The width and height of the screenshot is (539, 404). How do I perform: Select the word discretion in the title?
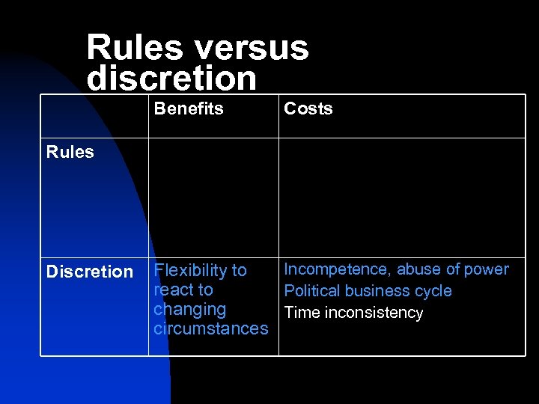pyautogui.click(x=171, y=78)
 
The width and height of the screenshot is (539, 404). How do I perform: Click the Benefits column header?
pyautogui.click(x=189, y=109)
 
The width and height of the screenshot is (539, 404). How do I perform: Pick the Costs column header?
pyautogui.click(x=308, y=109)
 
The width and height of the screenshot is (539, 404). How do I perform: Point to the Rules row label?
pyautogui.click(x=70, y=153)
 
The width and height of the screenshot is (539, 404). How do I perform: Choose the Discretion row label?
pyautogui.click(x=89, y=272)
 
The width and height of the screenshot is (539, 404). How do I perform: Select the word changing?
pyautogui.click(x=189, y=310)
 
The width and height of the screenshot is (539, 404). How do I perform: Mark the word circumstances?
pyautogui.click(x=210, y=328)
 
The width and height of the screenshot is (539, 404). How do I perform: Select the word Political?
pyautogui.click(x=311, y=291)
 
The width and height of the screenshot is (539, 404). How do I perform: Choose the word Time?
pyautogui.click(x=302, y=313)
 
